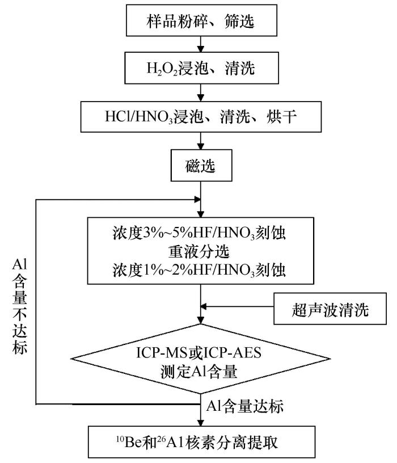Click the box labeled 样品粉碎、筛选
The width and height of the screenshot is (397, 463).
(201, 20)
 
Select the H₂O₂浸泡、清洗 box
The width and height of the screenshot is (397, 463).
(201, 68)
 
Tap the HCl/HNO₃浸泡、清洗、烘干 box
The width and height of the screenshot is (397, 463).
(201, 117)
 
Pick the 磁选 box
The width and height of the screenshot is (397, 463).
(201, 165)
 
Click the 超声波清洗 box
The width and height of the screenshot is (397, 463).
(330, 309)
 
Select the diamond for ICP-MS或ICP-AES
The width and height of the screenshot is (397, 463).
(200, 359)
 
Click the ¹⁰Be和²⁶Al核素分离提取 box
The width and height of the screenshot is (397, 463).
(201, 442)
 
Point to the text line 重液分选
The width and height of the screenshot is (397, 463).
(199, 251)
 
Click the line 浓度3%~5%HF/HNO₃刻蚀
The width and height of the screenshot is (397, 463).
(199, 233)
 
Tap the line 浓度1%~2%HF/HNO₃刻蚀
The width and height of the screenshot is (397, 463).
(199, 270)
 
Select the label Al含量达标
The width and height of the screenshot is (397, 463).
(244, 406)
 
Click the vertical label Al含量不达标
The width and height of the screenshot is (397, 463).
(20, 306)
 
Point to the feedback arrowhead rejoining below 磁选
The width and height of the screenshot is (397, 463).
(197, 200)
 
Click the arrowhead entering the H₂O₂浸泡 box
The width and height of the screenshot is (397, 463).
(201, 49)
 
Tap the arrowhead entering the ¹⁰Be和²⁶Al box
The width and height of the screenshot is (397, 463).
(201, 423)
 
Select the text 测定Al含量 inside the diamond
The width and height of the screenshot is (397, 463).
(199, 371)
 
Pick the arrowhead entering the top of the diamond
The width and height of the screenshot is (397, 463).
(201, 321)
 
